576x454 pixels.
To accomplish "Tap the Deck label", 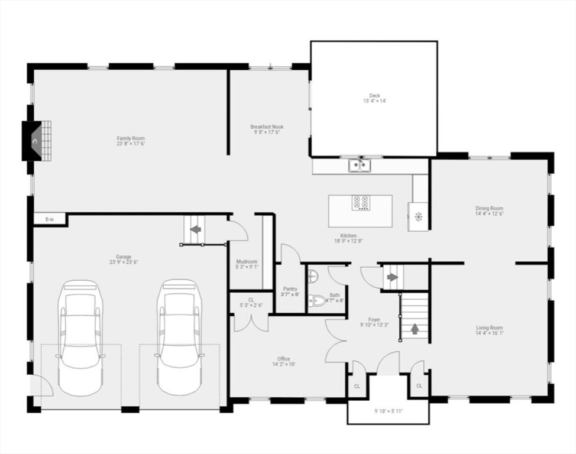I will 374,95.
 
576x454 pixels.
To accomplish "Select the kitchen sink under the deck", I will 359,165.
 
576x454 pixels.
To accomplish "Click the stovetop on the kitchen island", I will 361,203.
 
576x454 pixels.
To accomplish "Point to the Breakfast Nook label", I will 267,127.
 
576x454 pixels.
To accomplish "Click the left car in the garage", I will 80,337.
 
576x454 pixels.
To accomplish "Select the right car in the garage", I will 179,337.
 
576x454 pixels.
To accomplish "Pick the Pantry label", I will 290,289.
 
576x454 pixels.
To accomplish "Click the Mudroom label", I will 246,261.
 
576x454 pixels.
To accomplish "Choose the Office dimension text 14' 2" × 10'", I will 283,364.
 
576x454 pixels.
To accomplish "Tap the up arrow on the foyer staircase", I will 415,329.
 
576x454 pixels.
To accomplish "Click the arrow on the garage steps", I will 195,229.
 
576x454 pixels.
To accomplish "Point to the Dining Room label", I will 489,208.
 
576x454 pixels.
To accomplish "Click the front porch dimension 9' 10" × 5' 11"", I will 387,411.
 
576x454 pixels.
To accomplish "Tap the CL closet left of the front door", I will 357,386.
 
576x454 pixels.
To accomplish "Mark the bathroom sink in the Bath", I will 312,274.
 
